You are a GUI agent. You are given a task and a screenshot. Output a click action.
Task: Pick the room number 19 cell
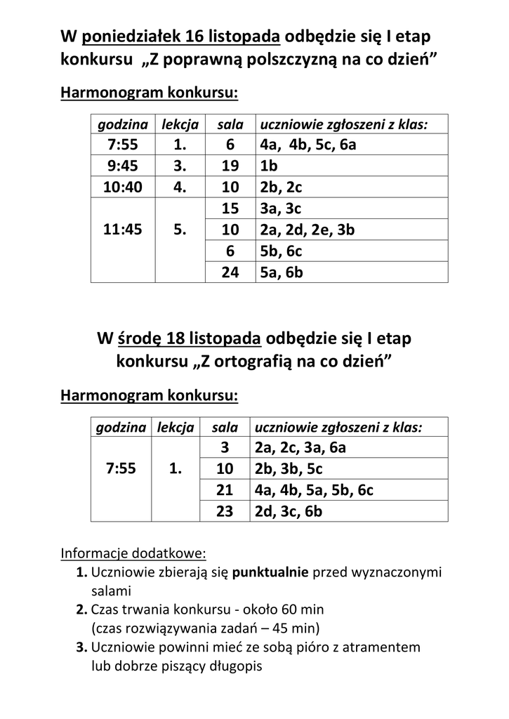pos(230,166)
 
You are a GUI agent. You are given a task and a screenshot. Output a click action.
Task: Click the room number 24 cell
pos(230,272)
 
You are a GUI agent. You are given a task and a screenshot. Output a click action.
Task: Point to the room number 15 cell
pos(230,209)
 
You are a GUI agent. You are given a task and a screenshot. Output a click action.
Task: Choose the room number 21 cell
pos(224,490)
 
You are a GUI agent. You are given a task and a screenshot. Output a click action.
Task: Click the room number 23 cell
pos(224,511)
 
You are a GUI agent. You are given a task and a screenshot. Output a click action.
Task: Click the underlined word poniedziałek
pos(133,37)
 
